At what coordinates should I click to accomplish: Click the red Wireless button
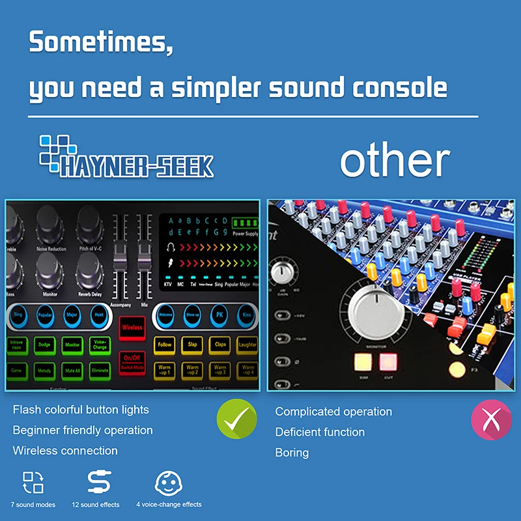click(x=132, y=328)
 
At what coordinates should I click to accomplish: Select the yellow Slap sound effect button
click(x=193, y=345)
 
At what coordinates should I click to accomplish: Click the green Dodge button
click(x=44, y=345)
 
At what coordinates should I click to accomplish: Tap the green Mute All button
click(x=72, y=371)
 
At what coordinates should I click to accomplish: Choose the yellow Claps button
click(x=221, y=345)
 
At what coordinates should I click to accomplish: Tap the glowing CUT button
click(x=388, y=361)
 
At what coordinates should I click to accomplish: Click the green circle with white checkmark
click(x=237, y=420)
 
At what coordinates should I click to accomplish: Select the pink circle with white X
click(x=491, y=420)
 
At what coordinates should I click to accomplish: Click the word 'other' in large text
click(x=395, y=161)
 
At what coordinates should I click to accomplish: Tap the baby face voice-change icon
click(x=167, y=483)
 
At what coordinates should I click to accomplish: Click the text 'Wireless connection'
click(x=65, y=451)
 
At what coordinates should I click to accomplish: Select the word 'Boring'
click(x=301, y=452)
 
